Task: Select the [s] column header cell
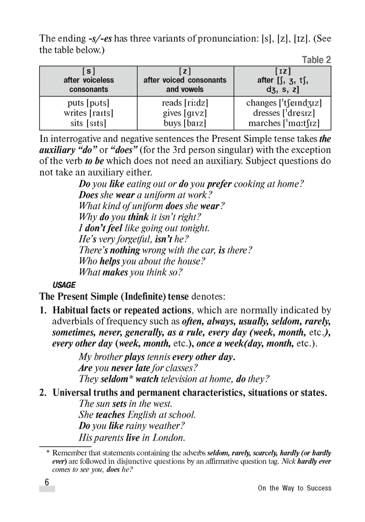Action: (x=89, y=80)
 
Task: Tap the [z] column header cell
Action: (x=185, y=80)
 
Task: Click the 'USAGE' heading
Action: (x=64, y=285)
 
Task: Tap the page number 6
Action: (x=46, y=482)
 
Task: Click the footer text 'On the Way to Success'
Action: (x=295, y=489)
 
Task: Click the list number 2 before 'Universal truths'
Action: (x=43, y=392)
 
